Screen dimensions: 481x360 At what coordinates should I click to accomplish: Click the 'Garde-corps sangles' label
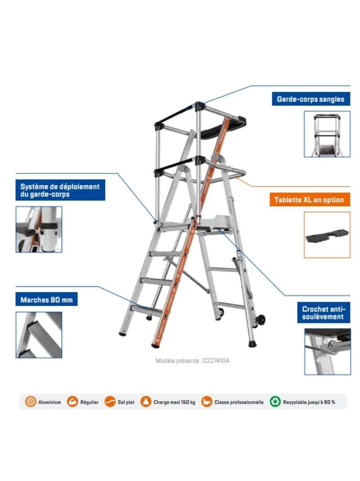point(310,99)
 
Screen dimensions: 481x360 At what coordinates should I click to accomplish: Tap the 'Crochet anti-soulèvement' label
point(323,313)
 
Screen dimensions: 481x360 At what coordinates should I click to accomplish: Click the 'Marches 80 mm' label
point(46,299)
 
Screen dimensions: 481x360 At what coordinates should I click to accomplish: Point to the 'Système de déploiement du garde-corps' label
point(60,190)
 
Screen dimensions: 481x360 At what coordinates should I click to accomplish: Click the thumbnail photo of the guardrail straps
point(327,134)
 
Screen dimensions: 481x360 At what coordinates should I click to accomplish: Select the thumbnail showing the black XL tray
point(327,235)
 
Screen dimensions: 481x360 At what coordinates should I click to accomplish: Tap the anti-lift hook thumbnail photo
point(327,351)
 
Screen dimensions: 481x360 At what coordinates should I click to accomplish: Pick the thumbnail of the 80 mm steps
point(39,335)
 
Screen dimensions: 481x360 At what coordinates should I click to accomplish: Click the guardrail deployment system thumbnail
point(39,229)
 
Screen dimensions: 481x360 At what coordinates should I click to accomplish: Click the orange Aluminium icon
point(31,402)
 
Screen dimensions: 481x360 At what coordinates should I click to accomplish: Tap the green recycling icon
point(275,402)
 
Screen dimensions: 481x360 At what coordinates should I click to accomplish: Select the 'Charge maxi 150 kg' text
point(174,402)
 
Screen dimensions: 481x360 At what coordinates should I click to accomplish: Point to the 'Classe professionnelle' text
point(238,402)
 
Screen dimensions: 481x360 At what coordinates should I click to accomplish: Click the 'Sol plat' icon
point(110,402)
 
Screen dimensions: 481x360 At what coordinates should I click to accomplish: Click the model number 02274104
point(216,361)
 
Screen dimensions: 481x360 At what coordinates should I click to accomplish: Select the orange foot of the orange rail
point(156,345)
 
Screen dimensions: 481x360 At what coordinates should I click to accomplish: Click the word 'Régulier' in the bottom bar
point(89,402)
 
